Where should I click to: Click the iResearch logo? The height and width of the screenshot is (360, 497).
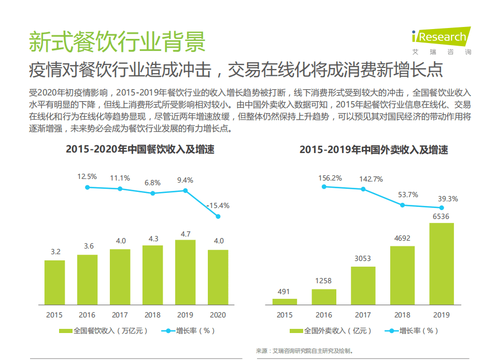point(440,39)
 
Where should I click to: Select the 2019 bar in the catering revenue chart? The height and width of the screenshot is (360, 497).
point(185,272)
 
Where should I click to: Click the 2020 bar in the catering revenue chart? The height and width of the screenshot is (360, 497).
point(218,277)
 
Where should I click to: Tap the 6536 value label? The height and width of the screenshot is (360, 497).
point(442,216)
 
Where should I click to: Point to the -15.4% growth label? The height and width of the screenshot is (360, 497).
point(218,205)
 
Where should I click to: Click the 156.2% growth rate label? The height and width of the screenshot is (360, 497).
point(330,178)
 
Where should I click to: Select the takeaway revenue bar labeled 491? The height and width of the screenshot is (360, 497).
point(285,301)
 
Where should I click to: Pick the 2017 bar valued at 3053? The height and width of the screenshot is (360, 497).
point(363,285)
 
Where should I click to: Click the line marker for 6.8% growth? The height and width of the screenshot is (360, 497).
point(153,193)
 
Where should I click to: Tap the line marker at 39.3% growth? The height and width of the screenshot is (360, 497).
point(442,207)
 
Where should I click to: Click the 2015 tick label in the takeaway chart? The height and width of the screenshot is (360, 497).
point(285,315)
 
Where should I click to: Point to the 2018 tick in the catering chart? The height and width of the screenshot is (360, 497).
point(153,315)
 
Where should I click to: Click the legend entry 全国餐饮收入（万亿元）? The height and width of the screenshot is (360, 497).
point(104,330)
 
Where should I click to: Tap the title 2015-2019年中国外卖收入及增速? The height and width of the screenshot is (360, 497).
point(373,150)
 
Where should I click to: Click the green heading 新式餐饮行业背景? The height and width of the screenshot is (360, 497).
point(117,41)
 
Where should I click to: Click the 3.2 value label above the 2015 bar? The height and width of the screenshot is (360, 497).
point(55,252)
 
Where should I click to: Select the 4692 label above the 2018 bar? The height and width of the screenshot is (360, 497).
point(402,239)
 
